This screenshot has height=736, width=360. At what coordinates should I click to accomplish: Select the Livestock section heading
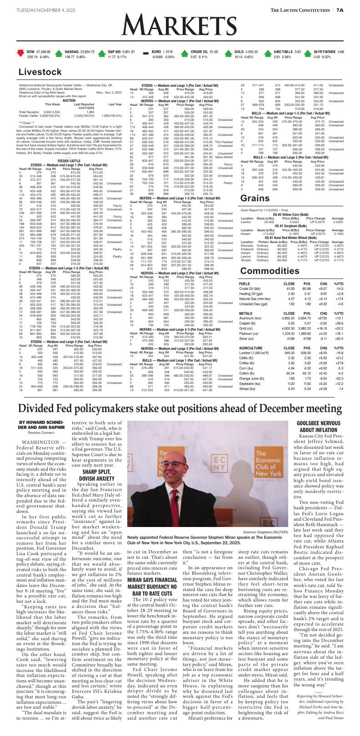click(40, 72)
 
